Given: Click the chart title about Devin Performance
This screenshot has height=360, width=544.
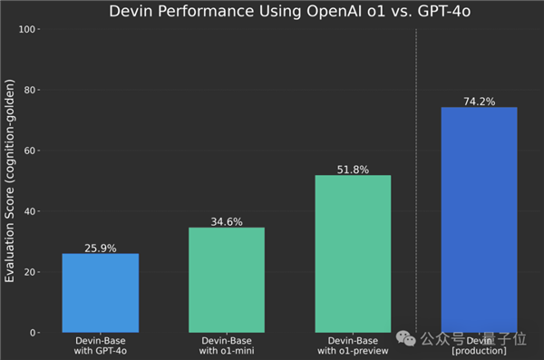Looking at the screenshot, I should pyautogui.click(x=290, y=13).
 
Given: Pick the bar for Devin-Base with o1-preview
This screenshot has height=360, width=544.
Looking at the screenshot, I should pyautogui.click(x=353, y=254).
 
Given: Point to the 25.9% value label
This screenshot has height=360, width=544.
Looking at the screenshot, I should pyautogui.click(x=101, y=247).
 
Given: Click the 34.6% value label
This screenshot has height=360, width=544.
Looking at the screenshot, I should pyautogui.click(x=227, y=220).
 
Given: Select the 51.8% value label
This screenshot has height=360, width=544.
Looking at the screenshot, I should pyautogui.click(x=353, y=169).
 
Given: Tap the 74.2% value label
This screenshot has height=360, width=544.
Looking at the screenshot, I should pyautogui.click(x=479, y=101).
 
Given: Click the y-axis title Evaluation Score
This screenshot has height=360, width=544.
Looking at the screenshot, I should pyautogui.click(x=10, y=181).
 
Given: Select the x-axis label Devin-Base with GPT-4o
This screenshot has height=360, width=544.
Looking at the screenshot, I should pyautogui.click(x=101, y=345).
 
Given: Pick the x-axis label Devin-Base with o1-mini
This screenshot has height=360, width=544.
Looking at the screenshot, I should pyautogui.click(x=227, y=345).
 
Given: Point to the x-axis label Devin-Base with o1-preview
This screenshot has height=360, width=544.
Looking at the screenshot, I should pyautogui.click(x=353, y=345).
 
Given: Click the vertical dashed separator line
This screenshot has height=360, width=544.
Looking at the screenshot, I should pyautogui.click(x=416, y=181).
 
